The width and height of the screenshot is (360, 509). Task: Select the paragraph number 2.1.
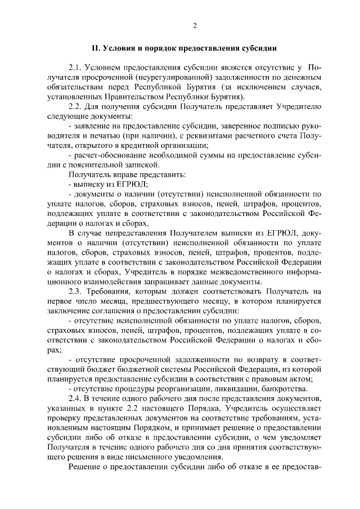[75, 69]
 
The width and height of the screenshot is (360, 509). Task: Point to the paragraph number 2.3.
[75, 292]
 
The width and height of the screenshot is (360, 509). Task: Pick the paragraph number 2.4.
[75, 398]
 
